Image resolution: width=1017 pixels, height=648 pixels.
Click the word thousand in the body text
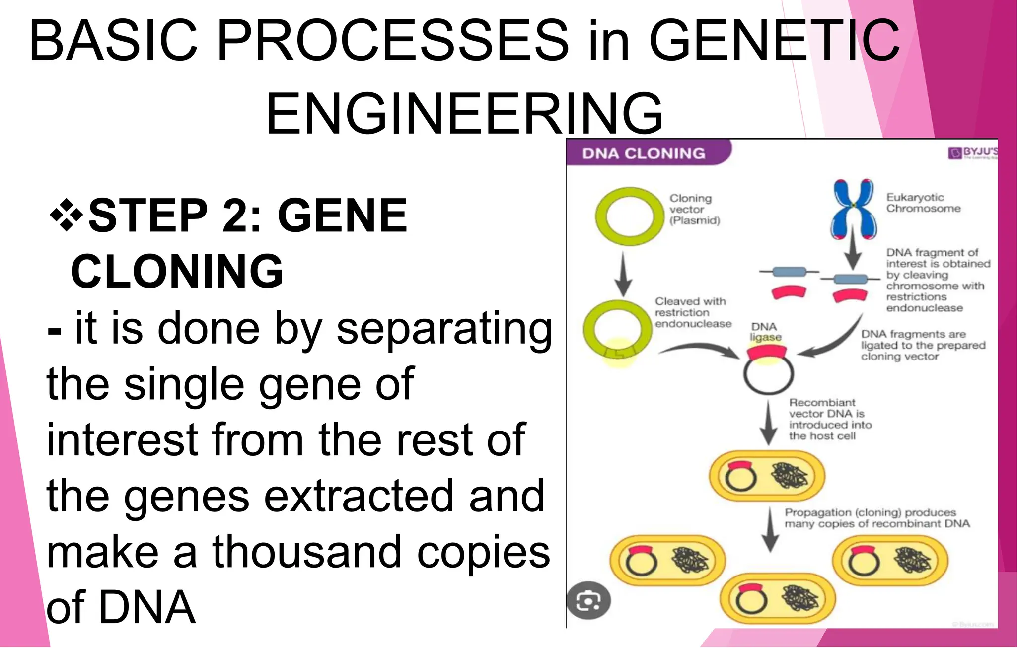[x=307, y=552]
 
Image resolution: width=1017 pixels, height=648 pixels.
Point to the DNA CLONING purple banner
[x=646, y=153]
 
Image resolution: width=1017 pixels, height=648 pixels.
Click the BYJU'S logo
[x=972, y=152]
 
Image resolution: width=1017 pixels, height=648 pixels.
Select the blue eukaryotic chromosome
[x=853, y=209]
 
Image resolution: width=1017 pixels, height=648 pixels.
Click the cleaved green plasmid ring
[x=617, y=330]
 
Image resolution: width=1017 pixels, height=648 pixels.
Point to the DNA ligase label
[x=765, y=332]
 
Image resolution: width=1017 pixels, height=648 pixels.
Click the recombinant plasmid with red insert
[x=768, y=370]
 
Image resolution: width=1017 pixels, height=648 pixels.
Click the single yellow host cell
[x=766, y=476]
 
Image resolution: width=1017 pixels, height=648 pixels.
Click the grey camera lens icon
[x=588, y=601]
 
